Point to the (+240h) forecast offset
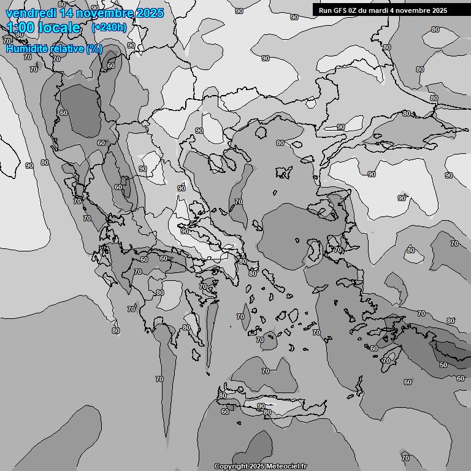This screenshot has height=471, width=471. tap(109, 28)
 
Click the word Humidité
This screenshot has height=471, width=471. tap(29, 48)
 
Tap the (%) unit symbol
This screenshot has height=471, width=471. tap(94, 48)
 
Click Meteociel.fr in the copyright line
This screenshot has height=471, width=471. tap(285, 467)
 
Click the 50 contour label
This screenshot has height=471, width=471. tap(443, 365)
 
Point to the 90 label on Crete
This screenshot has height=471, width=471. tap(261, 406)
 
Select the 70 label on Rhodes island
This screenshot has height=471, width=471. tap(386, 361)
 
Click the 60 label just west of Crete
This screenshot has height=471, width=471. tap(224, 412)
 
